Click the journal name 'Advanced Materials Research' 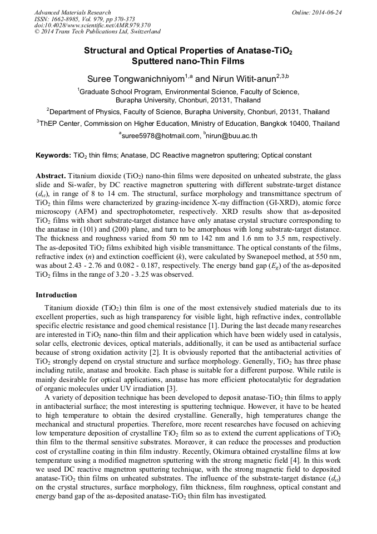click(x=72, y=12)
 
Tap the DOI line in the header click(x=92, y=26)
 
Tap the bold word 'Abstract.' click(x=51, y=175)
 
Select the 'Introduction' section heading click(x=56, y=295)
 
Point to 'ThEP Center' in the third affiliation click(x=58, y=124)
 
